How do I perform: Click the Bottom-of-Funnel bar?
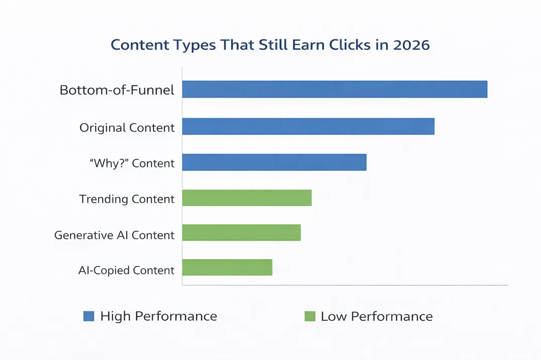coord(335,89)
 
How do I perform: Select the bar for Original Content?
coord(308,126)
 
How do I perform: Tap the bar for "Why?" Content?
coord(274,162)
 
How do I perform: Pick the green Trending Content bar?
coord(247,198)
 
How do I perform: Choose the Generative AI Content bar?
coord(241,233)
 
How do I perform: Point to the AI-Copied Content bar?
coord(227,267)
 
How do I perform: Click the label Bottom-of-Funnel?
coord(117,91)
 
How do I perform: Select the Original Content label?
coord(127,128)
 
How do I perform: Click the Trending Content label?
coord(127,199)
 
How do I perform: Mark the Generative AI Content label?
coord(114,235)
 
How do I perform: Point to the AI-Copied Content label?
coord(126,271)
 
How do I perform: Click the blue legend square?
coord(89,316)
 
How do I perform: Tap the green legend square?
coord(310,316)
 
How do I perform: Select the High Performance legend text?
coord(159,316)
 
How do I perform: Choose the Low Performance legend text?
coord(376,316)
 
